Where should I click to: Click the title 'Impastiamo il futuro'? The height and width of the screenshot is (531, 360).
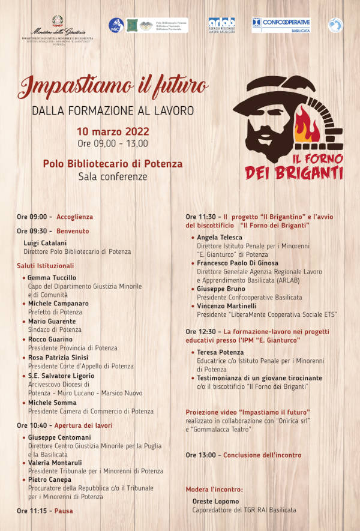(113, 88)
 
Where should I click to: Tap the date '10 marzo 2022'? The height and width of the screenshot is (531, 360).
(113, 131)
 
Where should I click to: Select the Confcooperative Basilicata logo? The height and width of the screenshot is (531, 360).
(281, 25)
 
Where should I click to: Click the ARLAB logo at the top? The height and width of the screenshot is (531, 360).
(221, 25)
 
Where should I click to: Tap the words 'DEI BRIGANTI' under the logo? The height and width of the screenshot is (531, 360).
(294, 173)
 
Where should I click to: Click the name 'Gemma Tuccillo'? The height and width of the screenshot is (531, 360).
(52, 278)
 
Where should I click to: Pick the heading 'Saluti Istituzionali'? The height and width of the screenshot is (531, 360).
(46, 265)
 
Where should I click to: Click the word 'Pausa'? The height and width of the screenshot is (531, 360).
(64, 511)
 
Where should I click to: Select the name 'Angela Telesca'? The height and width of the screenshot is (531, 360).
(220, 238)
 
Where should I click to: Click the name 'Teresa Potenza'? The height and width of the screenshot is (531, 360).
(220, 352)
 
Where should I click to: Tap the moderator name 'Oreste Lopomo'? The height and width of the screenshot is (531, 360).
(215, 501)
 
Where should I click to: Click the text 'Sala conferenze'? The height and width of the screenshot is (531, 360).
(113, 176)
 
